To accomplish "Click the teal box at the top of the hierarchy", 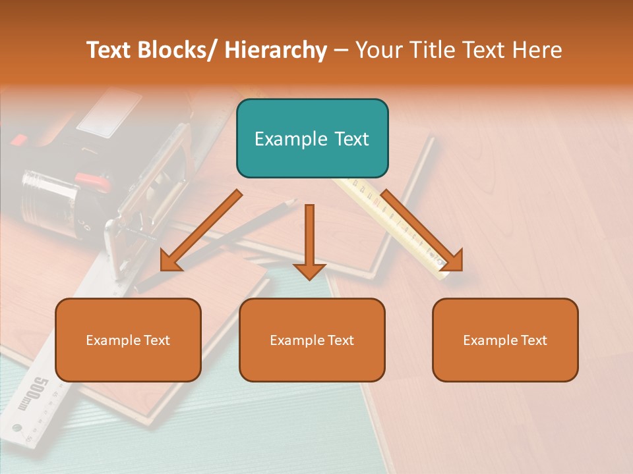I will pyautogui.click(x=312, y=138).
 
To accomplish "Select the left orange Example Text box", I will pyautogui.click(x=128, y=340).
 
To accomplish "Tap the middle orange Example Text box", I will pyautogui.click(x=312, y=340).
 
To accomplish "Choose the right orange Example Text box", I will pyautogui.click(x=505, y=340).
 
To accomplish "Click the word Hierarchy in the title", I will pyautogui.click(x=276, y=50).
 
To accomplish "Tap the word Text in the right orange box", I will pyautogui.click(x=533, y=340).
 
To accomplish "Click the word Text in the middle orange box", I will pyautogui.click(x=340, y=340).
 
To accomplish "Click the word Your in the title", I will pyautogui.click(x=378, y=50).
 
